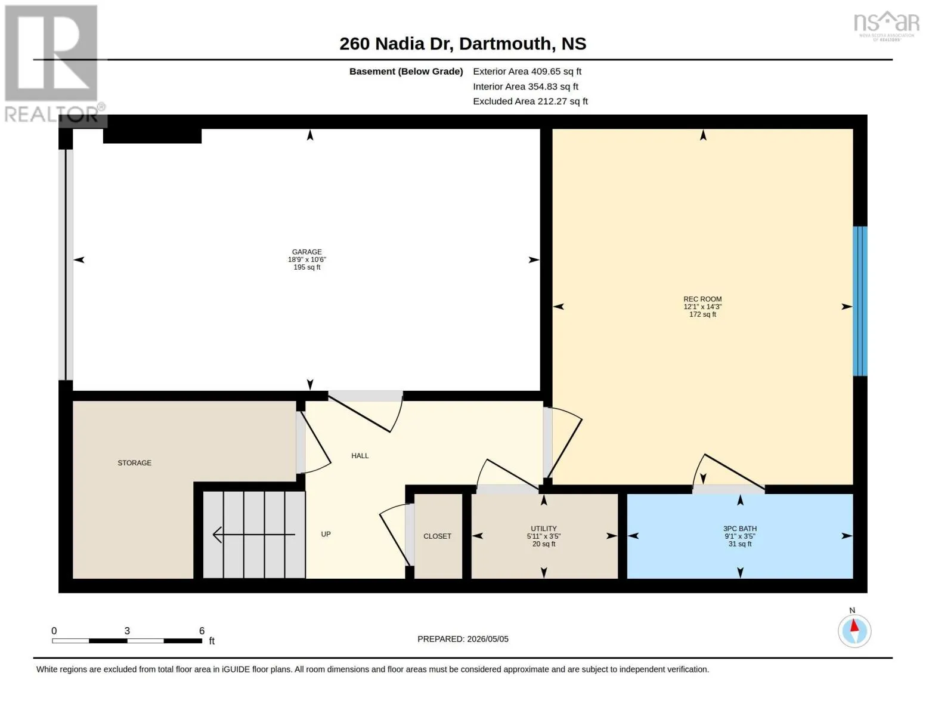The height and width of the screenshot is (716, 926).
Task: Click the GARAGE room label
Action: coord(307,252)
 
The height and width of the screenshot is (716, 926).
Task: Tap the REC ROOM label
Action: coord(702,300)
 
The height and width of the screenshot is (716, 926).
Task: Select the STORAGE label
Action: coord(134,463)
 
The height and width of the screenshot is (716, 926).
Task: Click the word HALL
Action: coord(360,456)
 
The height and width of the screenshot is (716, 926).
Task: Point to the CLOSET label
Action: coord(437,536)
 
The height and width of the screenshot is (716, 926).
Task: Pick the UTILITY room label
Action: coord(544,529)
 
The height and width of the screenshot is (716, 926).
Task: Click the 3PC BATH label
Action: coord(740,529)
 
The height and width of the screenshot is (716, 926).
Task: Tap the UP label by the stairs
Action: coord(326,535)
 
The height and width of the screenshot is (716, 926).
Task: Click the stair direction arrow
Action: coord(254,535)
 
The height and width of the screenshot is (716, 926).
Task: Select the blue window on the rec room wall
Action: coord(860,301)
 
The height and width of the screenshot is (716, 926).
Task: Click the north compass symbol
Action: coord(854,628)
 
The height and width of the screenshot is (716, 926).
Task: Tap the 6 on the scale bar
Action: coord(202,631)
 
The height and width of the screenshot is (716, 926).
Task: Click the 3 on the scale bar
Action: coord(127,631)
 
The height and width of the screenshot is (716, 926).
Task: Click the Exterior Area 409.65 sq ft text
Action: coord(527,72)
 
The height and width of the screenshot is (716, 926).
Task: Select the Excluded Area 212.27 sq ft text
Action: coord(530,101)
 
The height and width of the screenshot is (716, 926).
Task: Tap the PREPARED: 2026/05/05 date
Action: coord(463,639)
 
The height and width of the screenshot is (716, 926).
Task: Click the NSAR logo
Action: coord(887,26)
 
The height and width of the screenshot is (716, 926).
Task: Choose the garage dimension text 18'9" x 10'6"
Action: coord(307,260)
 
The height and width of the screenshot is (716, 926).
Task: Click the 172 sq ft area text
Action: coord(702,314)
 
